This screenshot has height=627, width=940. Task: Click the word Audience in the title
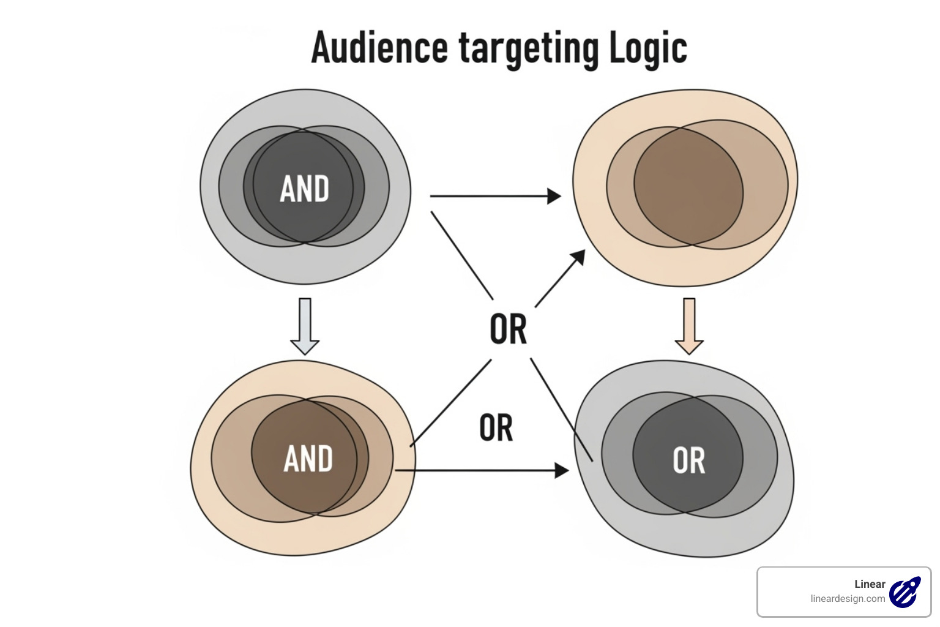[379, 48]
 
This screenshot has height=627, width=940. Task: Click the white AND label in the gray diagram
[304, 189]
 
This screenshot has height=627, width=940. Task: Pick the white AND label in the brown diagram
[308, 459]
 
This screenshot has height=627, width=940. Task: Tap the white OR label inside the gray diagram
[688, 460]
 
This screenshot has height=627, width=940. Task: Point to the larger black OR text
[508, 329]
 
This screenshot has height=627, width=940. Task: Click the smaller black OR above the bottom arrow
[496, 428]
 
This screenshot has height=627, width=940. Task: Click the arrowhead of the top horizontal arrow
[554, 196]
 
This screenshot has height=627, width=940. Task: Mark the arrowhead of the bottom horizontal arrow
[561, 470]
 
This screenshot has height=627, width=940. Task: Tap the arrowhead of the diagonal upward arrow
[577, 258]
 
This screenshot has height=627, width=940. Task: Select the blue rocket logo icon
[905, 592]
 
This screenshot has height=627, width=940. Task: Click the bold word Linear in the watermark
[870, 584]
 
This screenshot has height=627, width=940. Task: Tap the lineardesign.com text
[848, 599]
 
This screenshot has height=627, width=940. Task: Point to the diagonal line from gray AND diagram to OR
[462, 255]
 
